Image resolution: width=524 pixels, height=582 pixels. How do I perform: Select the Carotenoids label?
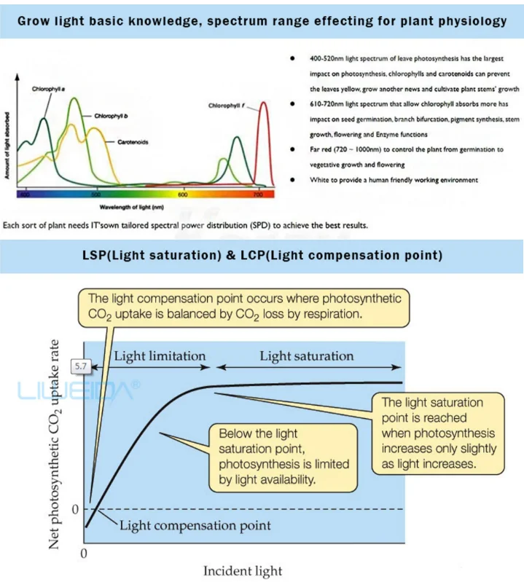133,142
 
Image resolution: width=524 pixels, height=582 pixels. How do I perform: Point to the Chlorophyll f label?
227,106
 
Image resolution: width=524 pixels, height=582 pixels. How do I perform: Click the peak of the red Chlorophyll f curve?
262,103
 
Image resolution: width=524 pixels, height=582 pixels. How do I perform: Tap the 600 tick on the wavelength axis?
183,194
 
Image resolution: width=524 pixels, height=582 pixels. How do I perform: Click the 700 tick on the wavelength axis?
259,194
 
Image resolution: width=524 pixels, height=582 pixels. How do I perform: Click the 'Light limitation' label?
160,355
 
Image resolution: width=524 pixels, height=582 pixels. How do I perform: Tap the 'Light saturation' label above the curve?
306,355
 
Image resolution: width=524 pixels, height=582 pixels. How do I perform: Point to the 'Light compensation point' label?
195,525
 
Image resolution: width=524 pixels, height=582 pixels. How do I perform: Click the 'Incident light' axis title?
242,570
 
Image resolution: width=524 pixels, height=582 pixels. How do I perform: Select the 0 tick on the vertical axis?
74,508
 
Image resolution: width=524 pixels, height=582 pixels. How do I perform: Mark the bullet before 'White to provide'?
292,179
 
